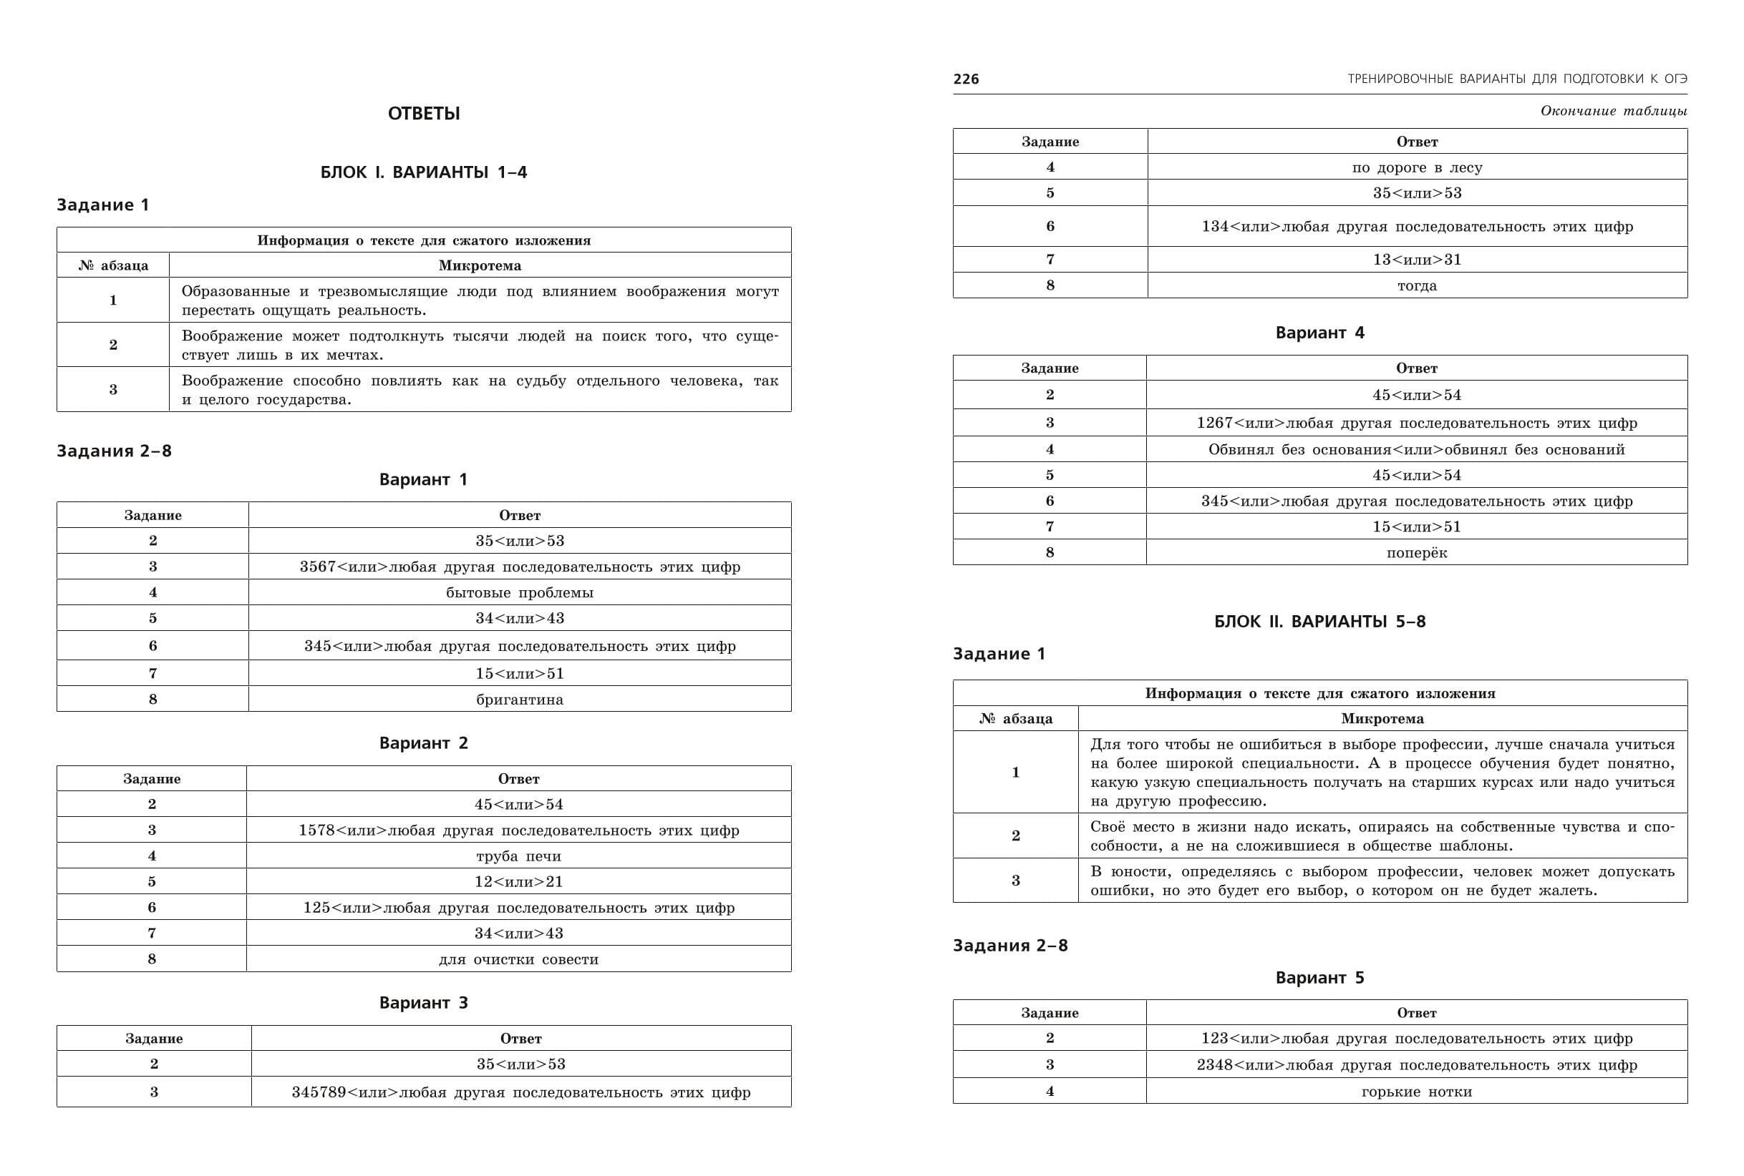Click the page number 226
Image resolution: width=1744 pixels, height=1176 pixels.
coord(966,79)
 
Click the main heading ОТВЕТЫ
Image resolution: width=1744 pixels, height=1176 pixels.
coord(424,113)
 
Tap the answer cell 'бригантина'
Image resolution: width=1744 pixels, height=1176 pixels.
coord(519,699)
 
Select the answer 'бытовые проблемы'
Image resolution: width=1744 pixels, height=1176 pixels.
coord(519,592)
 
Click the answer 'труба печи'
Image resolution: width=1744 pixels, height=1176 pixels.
coord(518,856)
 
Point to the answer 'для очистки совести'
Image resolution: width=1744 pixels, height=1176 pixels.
coord(518,959)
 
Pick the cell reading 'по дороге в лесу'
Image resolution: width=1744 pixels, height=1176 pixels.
coord(1417,167)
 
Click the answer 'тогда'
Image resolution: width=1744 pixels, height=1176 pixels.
coord(1417,285)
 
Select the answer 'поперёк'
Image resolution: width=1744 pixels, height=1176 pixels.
coord(1416,553)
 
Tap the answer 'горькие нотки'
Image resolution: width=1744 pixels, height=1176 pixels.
coord(1416,1092)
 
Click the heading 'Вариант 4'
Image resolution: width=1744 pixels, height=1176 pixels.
coord(1319,332)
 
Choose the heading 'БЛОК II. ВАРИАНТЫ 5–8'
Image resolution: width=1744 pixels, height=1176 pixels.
coord(1319,621)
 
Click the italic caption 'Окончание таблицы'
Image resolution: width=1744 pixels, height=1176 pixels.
coord(1614,111)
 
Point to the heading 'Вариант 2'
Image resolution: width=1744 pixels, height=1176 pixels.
coord(423,743)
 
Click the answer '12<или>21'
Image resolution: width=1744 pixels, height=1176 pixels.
coord(518,881)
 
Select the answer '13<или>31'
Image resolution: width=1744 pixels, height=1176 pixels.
coord(1417,260)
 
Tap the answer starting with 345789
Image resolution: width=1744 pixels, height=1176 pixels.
coord(520,1092)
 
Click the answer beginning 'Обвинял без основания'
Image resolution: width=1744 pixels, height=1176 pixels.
coord(1416,449)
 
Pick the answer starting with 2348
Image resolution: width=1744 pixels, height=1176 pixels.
coord(1416,1065)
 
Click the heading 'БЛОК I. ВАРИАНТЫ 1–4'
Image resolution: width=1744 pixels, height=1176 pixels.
coord(424,172)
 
